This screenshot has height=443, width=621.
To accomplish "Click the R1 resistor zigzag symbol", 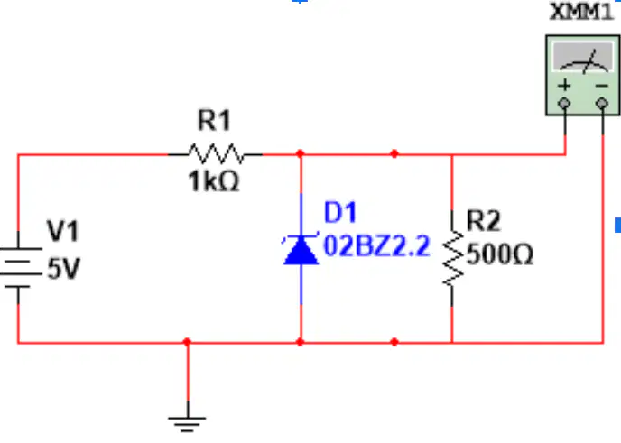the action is pos(215,153).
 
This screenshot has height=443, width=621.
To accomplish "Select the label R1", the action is pos(214,120).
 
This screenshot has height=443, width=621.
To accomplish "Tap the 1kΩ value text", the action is pos(214,181).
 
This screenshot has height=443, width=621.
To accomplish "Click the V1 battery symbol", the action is pos(19,267).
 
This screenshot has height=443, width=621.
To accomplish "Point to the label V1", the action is pos(63,231).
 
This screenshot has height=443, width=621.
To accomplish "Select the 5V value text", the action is pos(64,268).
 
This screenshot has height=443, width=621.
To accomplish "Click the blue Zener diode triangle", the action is pos(301,250).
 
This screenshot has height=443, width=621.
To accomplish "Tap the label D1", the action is pos(340,212).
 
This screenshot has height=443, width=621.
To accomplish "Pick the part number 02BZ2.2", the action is pos(376,246).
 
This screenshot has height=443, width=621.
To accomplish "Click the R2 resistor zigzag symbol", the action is pos(453,258).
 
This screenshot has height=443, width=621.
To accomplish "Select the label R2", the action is pos(484,220).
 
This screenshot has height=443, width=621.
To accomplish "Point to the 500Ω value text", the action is pos(500,254).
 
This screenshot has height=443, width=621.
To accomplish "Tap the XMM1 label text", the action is pos(581,12).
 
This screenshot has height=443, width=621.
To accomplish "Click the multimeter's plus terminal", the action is pos(564,104).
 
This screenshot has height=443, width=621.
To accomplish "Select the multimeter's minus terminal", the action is pos(602,104).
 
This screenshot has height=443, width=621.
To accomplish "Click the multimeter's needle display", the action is pos(583,59).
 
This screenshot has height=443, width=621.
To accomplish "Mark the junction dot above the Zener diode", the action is pos(301,153).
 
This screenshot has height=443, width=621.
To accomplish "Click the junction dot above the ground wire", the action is pos(188,342).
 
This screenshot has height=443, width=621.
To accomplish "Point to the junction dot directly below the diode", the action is pos(301,342).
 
